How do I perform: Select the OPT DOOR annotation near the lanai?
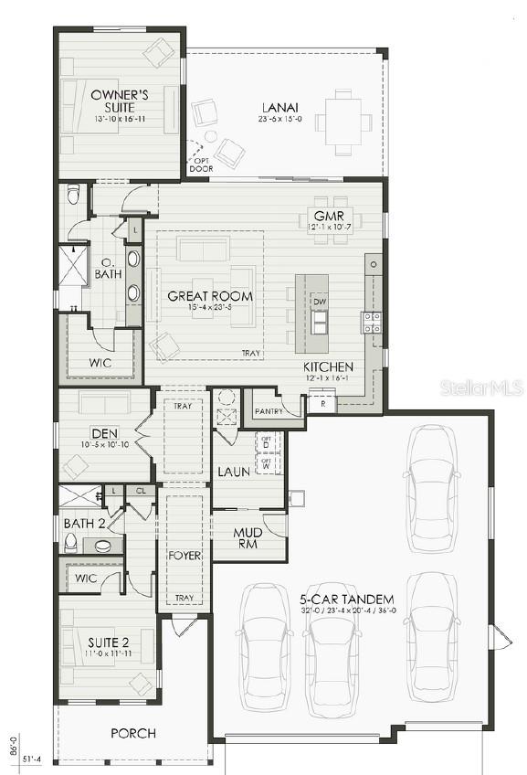[x=199, y=165]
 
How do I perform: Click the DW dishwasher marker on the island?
[x=319, y=302]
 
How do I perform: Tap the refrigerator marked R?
[x=321, y=403]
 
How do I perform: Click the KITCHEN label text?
[x=328, y=367]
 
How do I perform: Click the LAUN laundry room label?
[x=234, y=472]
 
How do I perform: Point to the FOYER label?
[x=184, y=555]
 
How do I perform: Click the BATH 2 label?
[x=84, y=523]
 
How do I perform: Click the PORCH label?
[x=133, y=733]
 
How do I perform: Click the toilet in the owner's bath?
[x=75, y=196]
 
